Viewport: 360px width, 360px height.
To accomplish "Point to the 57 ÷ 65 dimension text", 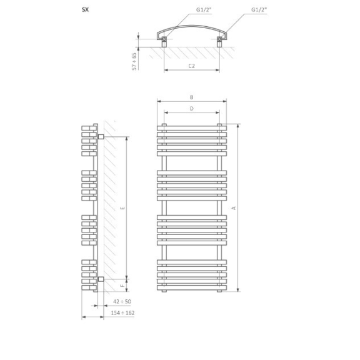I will tap(135, 61).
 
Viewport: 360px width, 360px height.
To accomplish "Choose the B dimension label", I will tap(191, 97).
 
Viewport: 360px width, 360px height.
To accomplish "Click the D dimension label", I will tap(191, 109).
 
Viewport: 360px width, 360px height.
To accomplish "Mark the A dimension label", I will tap(234, 207).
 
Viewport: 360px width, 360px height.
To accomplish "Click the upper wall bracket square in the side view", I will tap(101, 136).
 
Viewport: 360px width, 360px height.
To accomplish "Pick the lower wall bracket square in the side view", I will tap(101, 279).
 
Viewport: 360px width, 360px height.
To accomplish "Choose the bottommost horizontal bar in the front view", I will tap(191, 289).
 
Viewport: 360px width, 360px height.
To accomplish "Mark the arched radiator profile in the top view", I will tap(191, 29).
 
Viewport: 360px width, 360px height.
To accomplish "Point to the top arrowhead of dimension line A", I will tap(238, 126).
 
